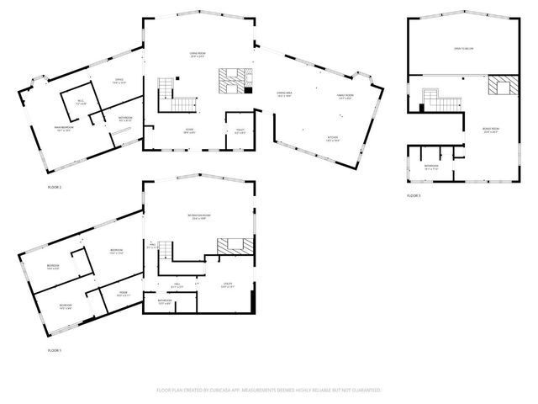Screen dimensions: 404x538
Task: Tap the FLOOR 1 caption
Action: tap(55, 349)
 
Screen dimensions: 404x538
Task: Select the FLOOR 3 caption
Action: tap(414, 195)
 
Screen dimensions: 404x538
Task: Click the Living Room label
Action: tap(198, 56)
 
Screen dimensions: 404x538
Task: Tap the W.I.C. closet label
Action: tap(81, 102)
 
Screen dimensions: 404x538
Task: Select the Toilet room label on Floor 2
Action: tap(240, 132)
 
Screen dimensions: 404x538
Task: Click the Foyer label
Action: tap(192, 132)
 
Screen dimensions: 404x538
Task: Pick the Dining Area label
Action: tap(284, 94)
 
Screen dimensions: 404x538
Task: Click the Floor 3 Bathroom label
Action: tap(431, 167)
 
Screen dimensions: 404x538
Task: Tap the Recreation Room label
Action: tap(198, 217)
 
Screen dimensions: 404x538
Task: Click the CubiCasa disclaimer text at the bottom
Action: tap(269, 391)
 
